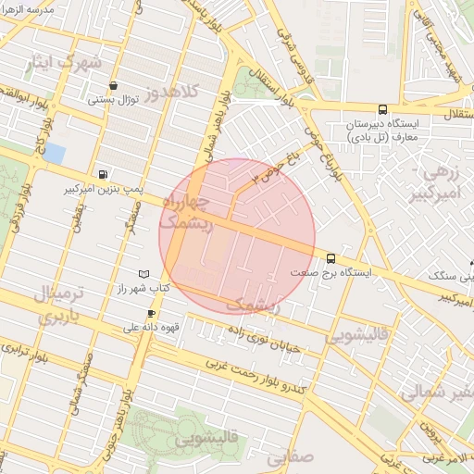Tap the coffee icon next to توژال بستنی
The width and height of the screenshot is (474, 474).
coord(113,84)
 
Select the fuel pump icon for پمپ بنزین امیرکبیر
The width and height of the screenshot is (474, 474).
coord(102,173)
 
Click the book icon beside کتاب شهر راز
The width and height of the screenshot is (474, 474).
coord(143,274)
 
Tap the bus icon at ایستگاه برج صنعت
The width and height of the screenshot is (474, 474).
coord(331,258)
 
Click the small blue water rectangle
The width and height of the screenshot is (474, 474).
coord(55,152)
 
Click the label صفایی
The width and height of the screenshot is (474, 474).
coord(290,455)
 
